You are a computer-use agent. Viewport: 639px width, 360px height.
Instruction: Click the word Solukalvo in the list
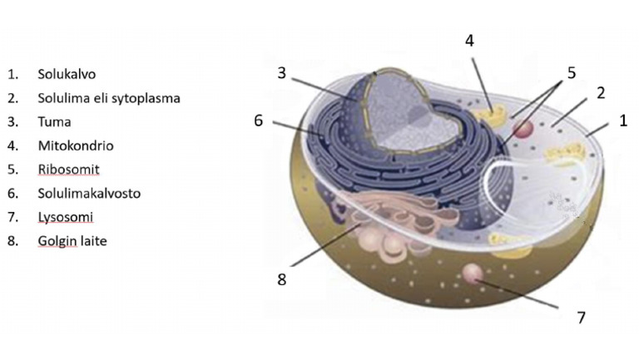click(x=67, y=74)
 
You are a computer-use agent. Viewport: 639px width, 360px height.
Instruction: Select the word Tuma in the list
click(x=54, y=121)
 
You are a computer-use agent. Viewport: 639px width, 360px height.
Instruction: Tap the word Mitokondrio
click(x=76, y=145)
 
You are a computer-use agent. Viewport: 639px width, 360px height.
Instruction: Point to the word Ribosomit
click(x=68, y=170)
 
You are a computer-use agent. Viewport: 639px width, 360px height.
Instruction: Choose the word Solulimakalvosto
click(x=89, y=193)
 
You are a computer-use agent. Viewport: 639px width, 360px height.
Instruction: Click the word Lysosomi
click(x=65, y=217)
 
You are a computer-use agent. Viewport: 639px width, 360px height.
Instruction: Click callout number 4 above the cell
click(x=469, y=41)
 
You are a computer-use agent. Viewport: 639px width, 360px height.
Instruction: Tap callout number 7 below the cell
click(x=582, y=318)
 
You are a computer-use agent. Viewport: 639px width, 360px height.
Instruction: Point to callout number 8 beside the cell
click(x=281, y=280)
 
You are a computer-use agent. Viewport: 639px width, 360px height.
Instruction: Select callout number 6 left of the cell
click(x=259, y=121)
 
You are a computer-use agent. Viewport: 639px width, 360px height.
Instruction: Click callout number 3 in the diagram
click(x=281, y=73)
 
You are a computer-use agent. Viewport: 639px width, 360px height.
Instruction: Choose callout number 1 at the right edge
click(x=623, y=121)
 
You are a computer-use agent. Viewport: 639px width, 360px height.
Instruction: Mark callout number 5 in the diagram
click(x=572, y=73)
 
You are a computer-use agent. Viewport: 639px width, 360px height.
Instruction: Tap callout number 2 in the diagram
click(x=601, y=93)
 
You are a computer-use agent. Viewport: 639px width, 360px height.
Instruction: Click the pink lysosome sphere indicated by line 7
click(x=473, y=274)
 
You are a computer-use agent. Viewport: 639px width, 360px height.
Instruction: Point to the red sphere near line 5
click(x=523, y=129)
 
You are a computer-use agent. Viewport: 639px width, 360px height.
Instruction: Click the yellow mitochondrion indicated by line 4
click(x=492, y=113)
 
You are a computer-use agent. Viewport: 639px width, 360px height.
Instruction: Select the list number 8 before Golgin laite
click(x=12, y=241)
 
